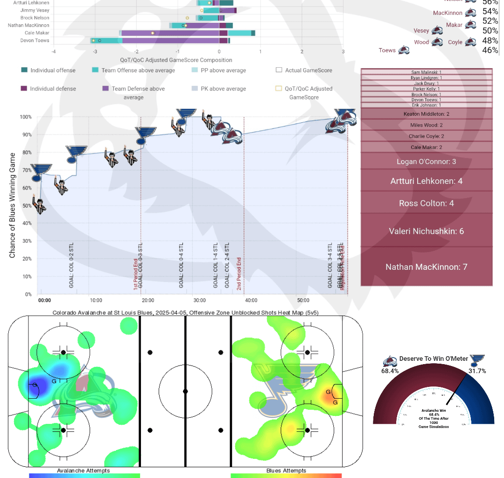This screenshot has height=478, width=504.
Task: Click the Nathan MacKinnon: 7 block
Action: pyautogui.click(x=426, y=267)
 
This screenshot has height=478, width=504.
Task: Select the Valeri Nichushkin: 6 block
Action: pyautogui.click(x=426, y=231)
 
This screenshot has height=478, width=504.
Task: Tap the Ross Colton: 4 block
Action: pyautogui.click(x=426, y=203)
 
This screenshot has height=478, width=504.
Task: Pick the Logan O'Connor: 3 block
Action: pyautogui.click(x=426, y=162)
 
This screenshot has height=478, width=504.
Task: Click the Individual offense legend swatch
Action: pyautogui.click(x=25, y=70)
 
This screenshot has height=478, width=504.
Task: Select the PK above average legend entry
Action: pyautogui.click(x=224, y=89)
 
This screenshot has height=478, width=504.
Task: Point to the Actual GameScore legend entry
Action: pyautogui.click(x=304, y=70)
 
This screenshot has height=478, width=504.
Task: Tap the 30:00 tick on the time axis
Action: pyautogui.click(x=199, y=300)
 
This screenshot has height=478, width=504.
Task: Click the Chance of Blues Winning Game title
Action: pyautogui.click(x=13, y=205)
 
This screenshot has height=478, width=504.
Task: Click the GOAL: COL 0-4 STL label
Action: pyautogui.click(x=181, y=265)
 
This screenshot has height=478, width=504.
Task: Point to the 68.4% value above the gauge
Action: pyautogui.click(x=390, y=371)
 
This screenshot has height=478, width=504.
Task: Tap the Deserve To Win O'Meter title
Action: pyautogui.click(x=434, y=359)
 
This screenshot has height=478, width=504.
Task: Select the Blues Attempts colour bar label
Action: pyautogui.click(x=286, y=470)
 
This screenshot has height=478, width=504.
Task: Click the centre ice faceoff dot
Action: pyautogui.click(x=185, y=391)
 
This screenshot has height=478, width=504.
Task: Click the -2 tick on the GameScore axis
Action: pyautogui.click(x=136, y=52)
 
